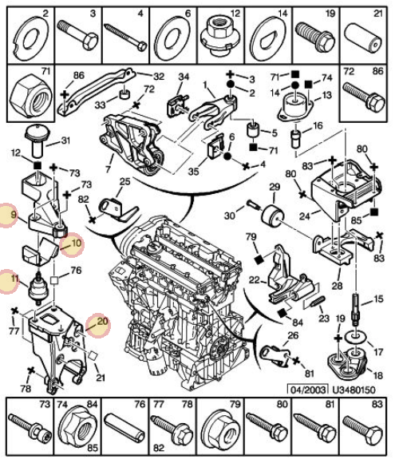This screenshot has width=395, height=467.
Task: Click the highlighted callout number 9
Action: [13, 215]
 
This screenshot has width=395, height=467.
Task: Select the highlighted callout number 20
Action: [102, 322]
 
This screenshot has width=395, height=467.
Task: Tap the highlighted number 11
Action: [14, 279]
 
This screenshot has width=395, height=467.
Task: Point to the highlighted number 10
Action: [76, 243]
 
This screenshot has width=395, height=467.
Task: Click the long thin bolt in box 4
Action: [126, 38]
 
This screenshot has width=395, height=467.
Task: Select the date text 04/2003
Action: [309, 390]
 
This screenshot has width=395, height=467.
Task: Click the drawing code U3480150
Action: [354, 390]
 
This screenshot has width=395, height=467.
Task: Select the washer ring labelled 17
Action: [355, 338]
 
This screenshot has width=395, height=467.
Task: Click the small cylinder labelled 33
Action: [125, 94]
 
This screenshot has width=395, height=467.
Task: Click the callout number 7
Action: [108, 169]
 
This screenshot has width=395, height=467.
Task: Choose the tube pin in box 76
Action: [124, 428]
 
